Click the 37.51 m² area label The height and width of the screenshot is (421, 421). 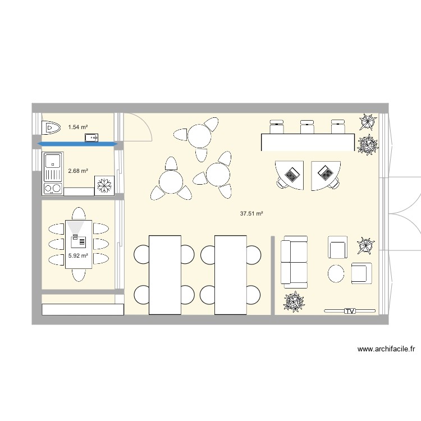tap(251, 213)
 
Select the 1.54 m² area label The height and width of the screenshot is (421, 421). tap(77, 127)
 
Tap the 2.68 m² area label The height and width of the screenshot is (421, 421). tap(77, 170)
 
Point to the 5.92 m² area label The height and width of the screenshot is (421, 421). tap(77, 255)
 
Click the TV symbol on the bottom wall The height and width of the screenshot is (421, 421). tap(350, 310)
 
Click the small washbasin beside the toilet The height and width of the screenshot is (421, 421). tap(91, 136)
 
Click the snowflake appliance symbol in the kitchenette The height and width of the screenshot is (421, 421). tap(105, 186)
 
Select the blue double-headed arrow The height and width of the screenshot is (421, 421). tap(77, 144)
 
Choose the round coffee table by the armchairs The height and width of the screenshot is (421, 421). tap(336, 273)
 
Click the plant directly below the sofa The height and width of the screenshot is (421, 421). tap(294, 301)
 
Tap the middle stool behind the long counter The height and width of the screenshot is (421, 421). tap(306, 126)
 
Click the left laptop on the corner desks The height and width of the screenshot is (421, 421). tap(291, 175)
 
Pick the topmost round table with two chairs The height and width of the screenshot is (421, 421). tap(199, 135)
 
